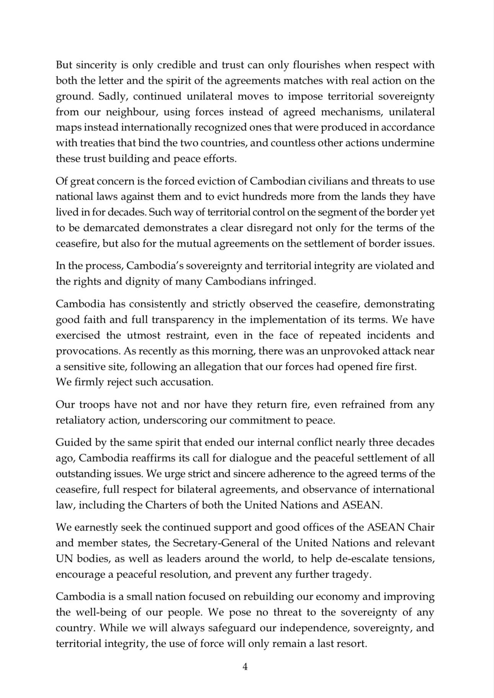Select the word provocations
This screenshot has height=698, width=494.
[86, 351]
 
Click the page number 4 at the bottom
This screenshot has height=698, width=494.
[245, 667]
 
